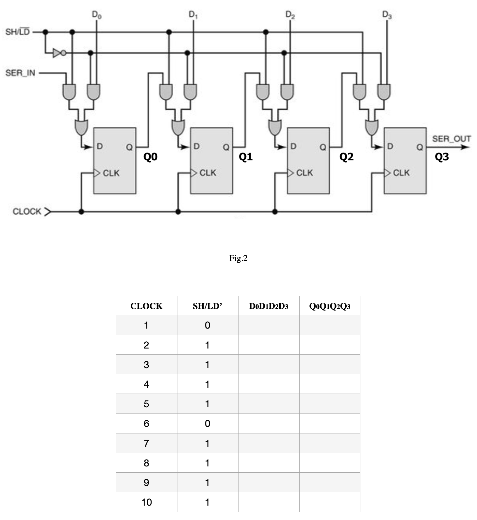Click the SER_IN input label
click(20, 73)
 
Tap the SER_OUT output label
click(451, 139)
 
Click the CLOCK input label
click(27, 211)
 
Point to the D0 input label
click(96, 15)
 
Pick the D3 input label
click(387, 15)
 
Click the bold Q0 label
click(150, 157)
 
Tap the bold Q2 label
click(346, 157)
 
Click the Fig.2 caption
click(238, 258)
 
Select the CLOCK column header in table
click(146, 306)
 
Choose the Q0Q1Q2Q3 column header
click(330, 306)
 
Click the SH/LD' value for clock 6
click(207, 424)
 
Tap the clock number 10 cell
click(146, 502)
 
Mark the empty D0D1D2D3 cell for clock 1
click(269, 325)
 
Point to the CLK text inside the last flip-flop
click(401, 173)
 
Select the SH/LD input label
click(18, 32)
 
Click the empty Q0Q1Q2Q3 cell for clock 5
click(330, 404)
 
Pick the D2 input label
click(290, 15)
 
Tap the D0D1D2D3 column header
click(269, 306)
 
